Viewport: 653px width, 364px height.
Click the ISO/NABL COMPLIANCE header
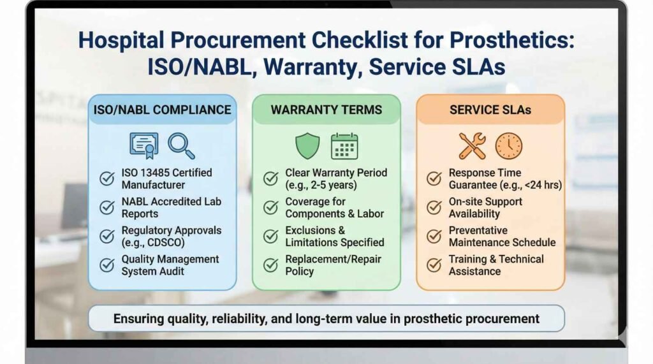[162, 110]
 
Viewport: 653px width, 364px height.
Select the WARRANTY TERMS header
[326, 110]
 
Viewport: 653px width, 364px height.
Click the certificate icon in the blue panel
[144, 146]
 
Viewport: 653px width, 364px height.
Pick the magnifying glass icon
[181, 146]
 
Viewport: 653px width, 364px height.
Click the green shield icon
[307, 146]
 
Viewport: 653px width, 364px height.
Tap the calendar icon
[344, 146]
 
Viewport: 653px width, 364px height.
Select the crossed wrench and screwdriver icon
[472, 146]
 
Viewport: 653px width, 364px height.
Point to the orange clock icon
[509, 146]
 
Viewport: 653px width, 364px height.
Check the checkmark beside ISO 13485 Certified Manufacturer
[107, 178]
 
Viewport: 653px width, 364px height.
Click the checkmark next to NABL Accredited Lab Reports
[107, 207]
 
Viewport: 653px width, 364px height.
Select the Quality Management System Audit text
[170, 265]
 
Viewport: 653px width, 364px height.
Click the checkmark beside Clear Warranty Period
[271, 178]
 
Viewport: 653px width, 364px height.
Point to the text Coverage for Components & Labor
[334, 208]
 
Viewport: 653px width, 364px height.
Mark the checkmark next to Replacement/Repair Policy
[271, 265]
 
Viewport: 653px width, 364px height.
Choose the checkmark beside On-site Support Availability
[434, 207]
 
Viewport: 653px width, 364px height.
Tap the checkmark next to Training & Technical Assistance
[434, 265]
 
